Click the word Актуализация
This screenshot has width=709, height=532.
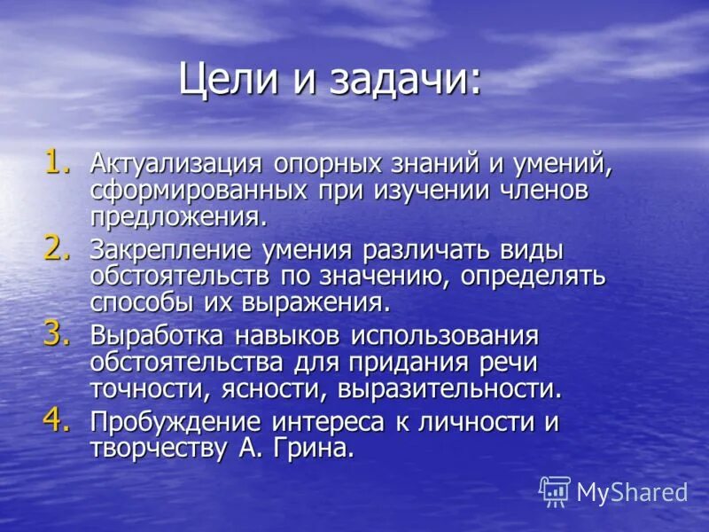point(175,164)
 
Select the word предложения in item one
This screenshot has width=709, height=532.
point(177,216)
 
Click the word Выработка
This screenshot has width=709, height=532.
point(156,337)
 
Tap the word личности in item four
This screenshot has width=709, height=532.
point(462,423)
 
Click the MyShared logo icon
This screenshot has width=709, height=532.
point(555,490)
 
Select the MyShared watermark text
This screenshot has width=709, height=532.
point(632,492)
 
